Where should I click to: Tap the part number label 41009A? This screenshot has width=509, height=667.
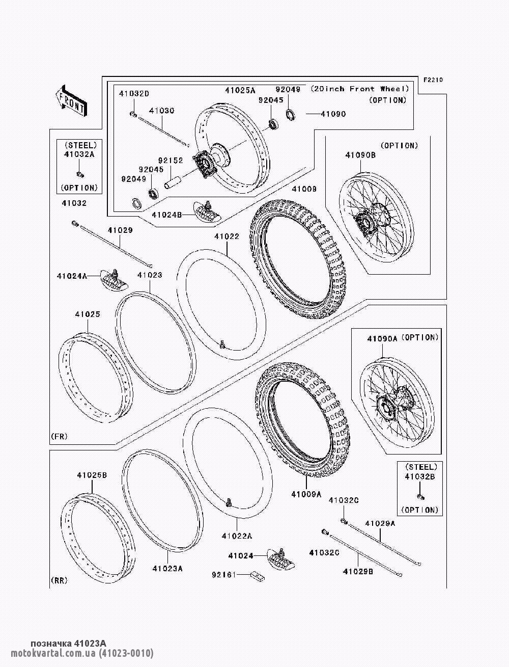click(306, 494)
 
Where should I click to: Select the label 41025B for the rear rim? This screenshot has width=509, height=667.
click(92, 475)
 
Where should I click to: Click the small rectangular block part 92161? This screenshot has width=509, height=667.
click(257, 576)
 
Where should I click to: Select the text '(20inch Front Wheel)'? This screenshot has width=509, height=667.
click(360, 89)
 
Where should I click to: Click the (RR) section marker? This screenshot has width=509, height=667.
click(60, 580)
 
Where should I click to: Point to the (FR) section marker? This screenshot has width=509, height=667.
click(59, 437)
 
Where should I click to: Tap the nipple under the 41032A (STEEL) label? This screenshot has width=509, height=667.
click(79, 175)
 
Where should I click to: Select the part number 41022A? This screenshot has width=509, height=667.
click(237, 536)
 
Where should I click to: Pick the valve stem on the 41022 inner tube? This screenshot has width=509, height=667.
click(223, 345)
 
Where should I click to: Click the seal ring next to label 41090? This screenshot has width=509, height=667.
click(291, 114)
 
